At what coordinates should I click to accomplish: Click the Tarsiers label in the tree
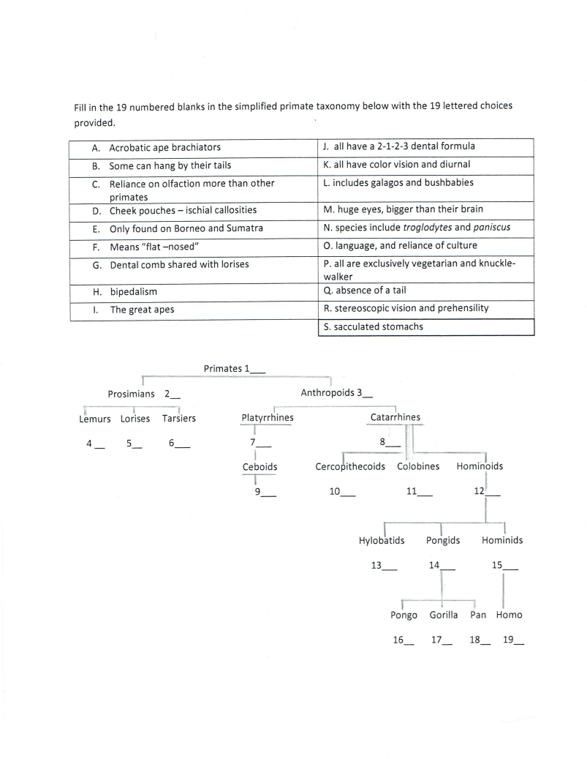(x=179, y=419)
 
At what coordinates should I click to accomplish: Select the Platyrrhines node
(x=268, y=418)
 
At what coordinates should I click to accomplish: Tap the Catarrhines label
(x=395, y=417)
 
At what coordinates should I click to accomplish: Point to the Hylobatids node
(x=381, y=541)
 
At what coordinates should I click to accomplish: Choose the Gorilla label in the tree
(x=444, y=615)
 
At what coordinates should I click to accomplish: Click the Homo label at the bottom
(x=509, y=615)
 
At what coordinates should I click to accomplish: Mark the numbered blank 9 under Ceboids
(x=265, y=492)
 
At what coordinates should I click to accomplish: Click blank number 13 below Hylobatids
(x=385, y=566)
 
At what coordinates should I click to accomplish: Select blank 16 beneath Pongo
(x=403, y=640)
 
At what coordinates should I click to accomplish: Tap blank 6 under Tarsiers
(x=179, y=443)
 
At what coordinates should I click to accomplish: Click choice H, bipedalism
(x=133, y=291)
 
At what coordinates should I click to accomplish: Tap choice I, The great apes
(x=142, y=310)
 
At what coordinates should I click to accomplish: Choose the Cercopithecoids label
(x=350, y=467)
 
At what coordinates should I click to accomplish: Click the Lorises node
(x=135, y=419)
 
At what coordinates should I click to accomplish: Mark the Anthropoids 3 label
(x=337, y=393)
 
